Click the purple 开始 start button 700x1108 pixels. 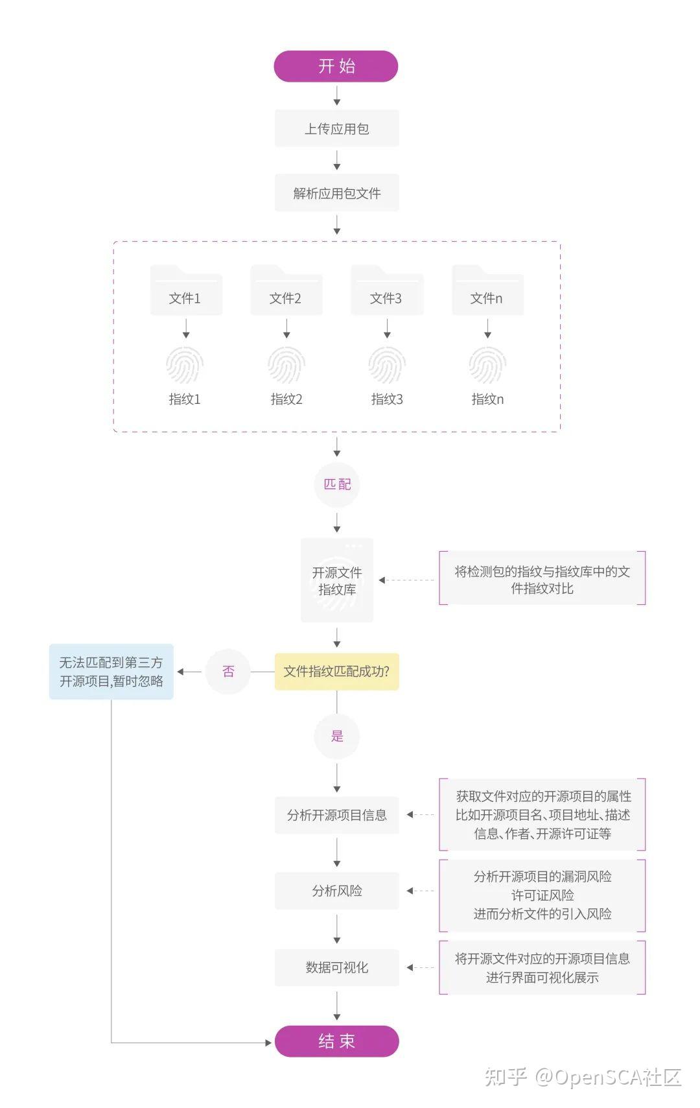[336, 66]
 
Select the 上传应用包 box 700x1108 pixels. [336, 128]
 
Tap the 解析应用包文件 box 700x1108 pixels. [336, 193]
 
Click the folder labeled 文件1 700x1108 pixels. [186, 292]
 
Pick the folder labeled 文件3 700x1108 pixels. [387, 292]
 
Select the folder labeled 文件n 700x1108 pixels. [487, 292]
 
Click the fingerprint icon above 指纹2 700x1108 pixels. [286, 365]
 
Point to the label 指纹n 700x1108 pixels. [487, 399]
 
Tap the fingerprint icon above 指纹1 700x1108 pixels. [185, 365]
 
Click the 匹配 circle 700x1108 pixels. [336, 484]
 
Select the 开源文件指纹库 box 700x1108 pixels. [336, 580]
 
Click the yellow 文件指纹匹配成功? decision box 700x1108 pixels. [336, 672]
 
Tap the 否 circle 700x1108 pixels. [227, 672]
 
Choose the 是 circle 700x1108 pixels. [336, 736]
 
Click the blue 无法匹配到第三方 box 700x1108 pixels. [111, 672]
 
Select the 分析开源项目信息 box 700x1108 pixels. [336, 815]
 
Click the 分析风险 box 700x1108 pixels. [336, 891]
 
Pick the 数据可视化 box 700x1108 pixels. [336, 967]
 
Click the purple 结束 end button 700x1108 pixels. [336, 1041]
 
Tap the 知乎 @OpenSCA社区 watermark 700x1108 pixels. [583, 1077]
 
